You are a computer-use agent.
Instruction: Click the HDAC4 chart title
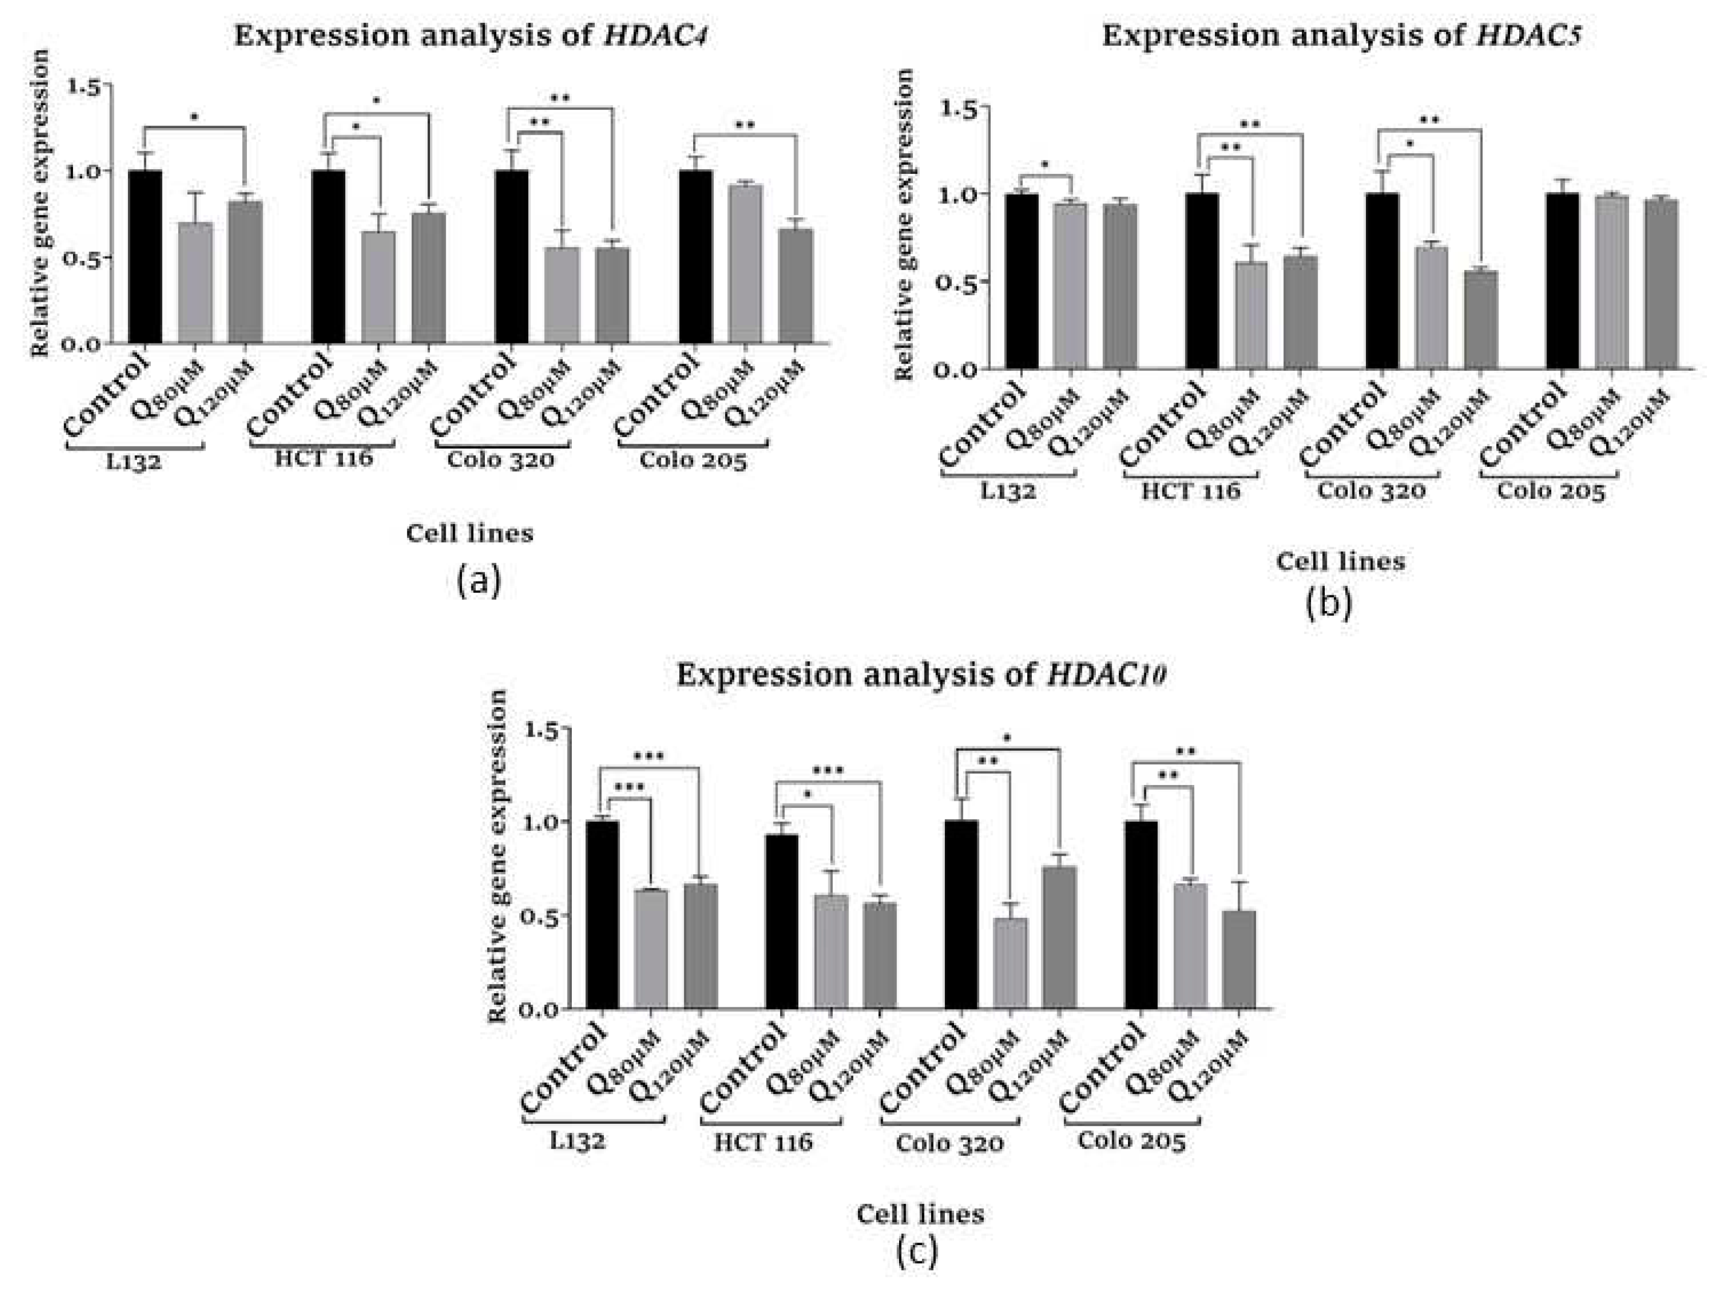click(x=471, y=36)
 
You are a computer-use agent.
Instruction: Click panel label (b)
click(x=1328, y=604)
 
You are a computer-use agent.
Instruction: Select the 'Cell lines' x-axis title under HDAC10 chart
click(x=920, y=1214)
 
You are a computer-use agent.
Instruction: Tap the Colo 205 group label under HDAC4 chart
click(x=693, y=461)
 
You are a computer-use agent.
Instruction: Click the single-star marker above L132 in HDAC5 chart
click(x=1045, y=165)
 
